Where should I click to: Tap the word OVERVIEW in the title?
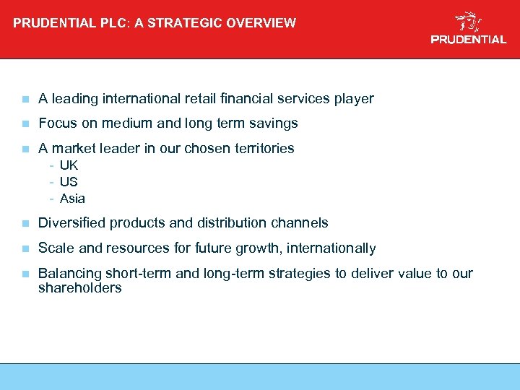point(261,22)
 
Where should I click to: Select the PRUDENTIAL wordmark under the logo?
point(469,40)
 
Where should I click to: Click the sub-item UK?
point(69,165)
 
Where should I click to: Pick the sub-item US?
point(69,182)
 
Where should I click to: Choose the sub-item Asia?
point(72,199)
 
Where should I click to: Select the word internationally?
point(331,248)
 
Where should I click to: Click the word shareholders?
point(79,288)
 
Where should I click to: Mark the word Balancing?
point(70,274)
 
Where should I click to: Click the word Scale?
point(55,248)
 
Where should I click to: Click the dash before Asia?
point(52,199)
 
